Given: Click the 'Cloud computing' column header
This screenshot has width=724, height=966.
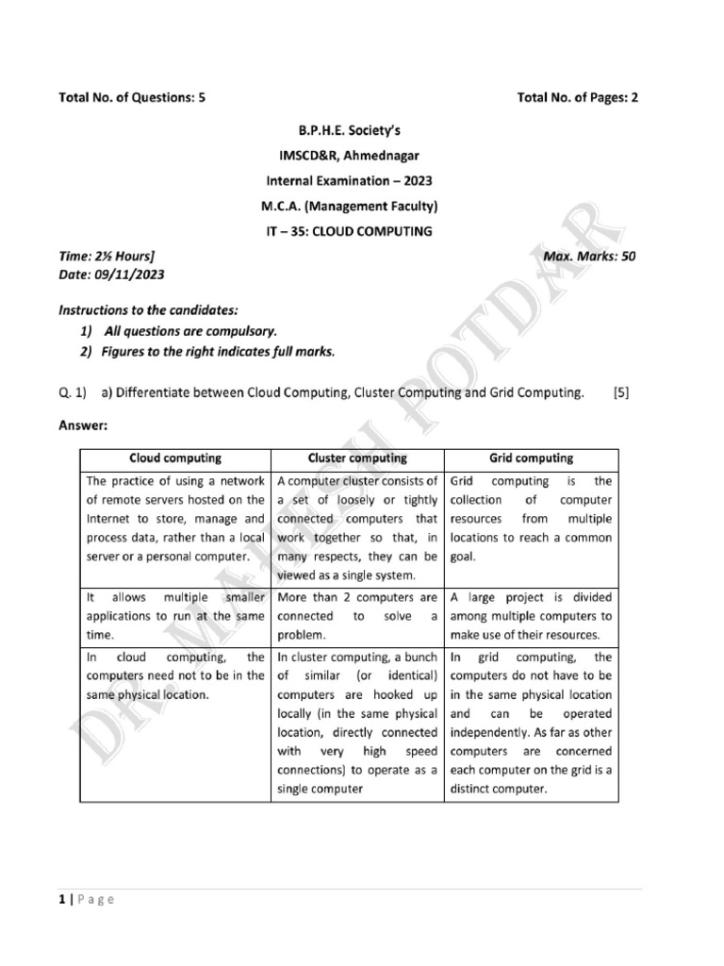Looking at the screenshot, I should pyautogui.click(x=175, y=458).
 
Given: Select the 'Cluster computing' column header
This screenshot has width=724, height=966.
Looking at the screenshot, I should pyautogui.click(x=357, y=458).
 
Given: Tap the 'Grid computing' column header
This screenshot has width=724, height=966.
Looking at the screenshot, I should pyautogui.click(x=531, y=458).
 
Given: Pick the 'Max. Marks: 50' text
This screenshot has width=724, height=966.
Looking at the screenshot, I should pyautogui.click(x=590, y=256).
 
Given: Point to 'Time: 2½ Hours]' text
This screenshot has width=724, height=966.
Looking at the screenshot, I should pyautogui.click(x=107, y=256).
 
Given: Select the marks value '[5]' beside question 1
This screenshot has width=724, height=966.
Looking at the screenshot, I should pyautogui.click(x=620, y=391).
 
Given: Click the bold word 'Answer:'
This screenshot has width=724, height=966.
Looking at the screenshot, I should pyautogui.click(x=84, y=425).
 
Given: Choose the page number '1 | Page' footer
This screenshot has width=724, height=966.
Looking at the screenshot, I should pyautogui.click(x=86, y=900).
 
